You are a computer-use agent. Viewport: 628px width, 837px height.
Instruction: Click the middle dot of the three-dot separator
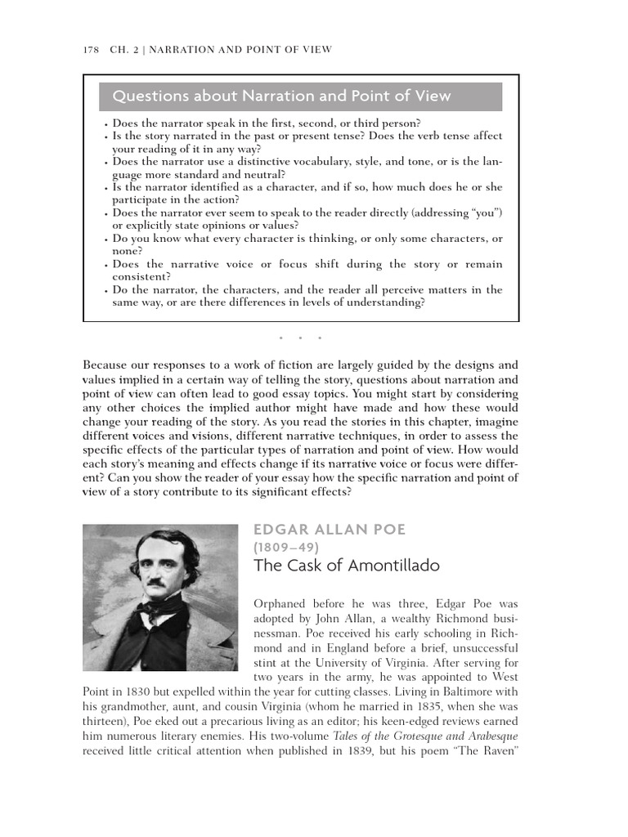pyautogui.click(x=300, y=338)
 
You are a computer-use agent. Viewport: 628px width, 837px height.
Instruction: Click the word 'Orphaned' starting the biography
pyautogui.click(x=280, y=604)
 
